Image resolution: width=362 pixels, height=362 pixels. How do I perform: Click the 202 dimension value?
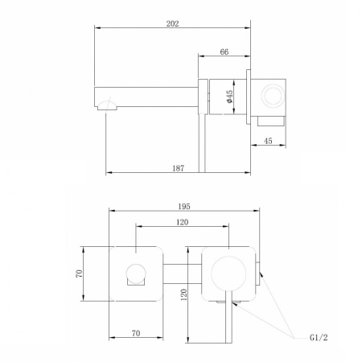(x=172, y=23)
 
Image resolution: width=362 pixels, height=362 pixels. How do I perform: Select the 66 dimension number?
(x=224, y=51)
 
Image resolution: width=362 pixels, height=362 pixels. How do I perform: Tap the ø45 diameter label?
(x=230, y=97)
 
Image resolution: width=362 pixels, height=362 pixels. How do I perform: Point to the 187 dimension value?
(x=179, y=168)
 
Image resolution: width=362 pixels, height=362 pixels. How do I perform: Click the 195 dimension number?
(x=184, y=206)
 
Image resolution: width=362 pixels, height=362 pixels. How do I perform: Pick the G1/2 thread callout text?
(x=319, y=337)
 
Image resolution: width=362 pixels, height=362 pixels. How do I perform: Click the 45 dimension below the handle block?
(x=268, y=141)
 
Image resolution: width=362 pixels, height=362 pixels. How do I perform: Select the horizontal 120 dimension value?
(x=183, y=222)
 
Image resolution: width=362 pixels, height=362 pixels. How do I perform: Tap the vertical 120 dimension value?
(x=184, y=294)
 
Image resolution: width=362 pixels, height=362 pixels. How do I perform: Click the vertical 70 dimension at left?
(x=79, y=274)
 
